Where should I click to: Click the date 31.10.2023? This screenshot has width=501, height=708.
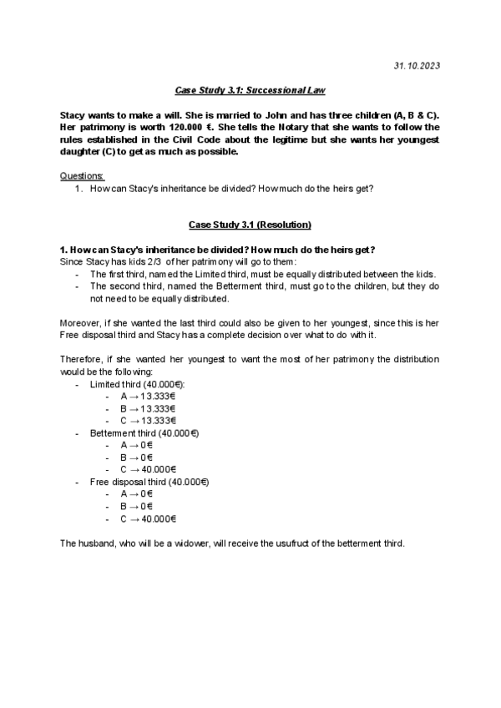(417, 65)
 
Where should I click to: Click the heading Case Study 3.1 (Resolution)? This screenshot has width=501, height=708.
(250, 225)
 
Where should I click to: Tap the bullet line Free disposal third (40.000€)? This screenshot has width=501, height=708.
(149, 483)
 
